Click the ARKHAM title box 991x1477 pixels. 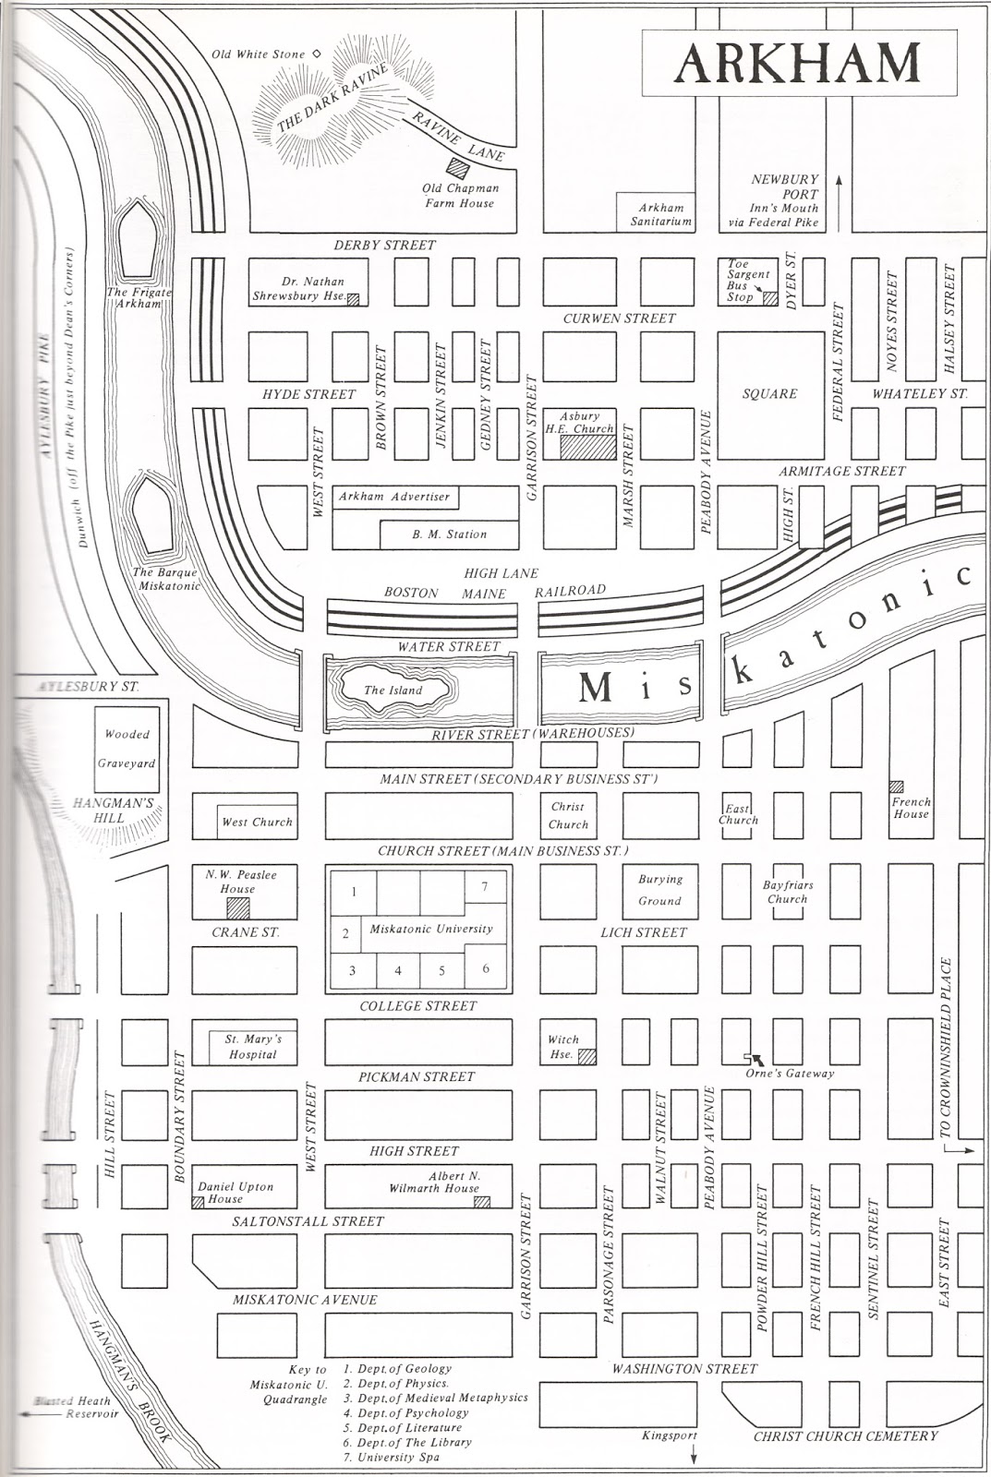click(799, 62)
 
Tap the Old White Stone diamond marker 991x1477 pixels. click(316, 54)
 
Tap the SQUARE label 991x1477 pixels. click(769, 394)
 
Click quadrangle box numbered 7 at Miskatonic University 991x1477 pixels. click(484, 887)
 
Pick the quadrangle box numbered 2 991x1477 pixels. click(345, 933)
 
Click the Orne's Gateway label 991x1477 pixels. click(790, 1073)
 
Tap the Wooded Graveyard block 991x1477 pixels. click(129, 749)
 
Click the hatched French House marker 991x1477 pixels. click(896, 787)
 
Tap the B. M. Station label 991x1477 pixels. click(449, 534)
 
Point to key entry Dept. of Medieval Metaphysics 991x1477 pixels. click(436, 1398)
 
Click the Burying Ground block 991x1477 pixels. click(659, 890)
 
